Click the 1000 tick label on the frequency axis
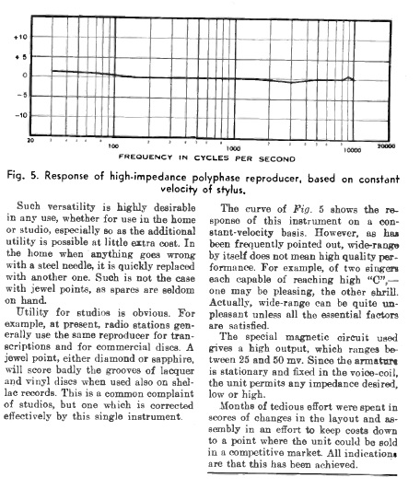coord(234,146)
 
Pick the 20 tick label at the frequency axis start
coord(31,141)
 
